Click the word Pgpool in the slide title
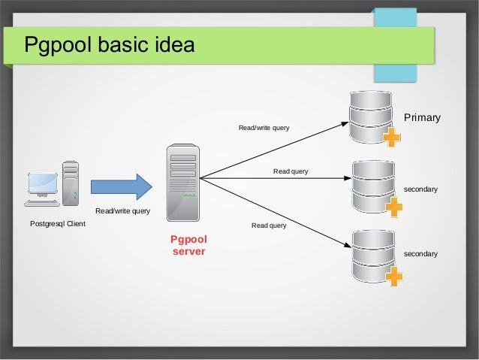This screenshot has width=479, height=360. tap(56, 45)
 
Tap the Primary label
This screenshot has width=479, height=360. tap(422, 118)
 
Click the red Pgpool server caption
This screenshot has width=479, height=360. tap(188, 245)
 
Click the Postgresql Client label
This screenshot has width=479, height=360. tap(57, 224)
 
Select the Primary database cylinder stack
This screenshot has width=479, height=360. tap(371, 116)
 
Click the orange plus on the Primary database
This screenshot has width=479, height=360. tap(392, 138)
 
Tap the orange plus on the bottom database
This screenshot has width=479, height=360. tap(393, 277)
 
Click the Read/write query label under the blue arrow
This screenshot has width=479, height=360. tap(123, 210)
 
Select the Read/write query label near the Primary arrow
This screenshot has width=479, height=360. tap(264, 129)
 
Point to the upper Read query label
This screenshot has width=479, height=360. tap(290, 171)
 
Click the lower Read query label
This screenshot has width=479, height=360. tap(269, 225)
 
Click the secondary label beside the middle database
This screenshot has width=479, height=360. tap(420, 189)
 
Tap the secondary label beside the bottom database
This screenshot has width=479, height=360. tap(420, 254)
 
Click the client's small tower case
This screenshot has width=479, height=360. tap(71, 183)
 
